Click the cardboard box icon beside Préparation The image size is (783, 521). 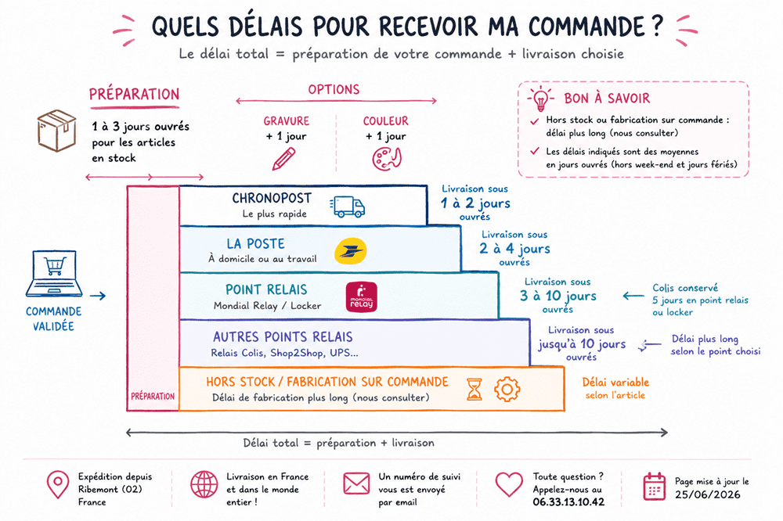(x=56, y=131)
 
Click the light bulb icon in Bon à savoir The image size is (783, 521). (x=540, y=99)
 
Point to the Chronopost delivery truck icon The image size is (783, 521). (x=348, y=207)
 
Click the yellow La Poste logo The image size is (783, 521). (x=351, y=251)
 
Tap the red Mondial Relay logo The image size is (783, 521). (x=362, y=297)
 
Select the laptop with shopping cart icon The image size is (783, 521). (x=54, y=274)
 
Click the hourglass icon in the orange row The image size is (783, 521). (x=474, y=390)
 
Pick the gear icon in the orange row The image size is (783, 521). (x=507, y=390)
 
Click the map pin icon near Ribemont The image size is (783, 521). (x=58, y=484)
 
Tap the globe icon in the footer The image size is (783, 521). (x=204, y=484)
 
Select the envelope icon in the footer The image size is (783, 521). (x=356, y=483)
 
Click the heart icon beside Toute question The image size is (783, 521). (x=509, y=484)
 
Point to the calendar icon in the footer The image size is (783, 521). (x=654, y=486)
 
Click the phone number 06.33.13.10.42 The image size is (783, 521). (x=568, y=502)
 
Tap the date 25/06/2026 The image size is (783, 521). (x=708, y=494)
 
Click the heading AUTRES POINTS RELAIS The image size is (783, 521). (x=283, y=337)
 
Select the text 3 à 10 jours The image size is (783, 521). (x=557, y=296)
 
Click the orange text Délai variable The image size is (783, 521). (x=615, y=383)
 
